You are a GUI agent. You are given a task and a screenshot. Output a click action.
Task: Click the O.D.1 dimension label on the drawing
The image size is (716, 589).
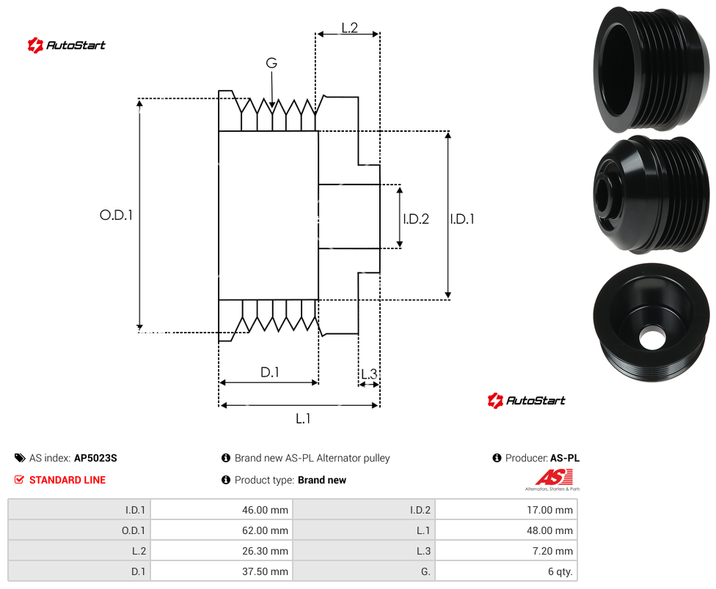point(116,215)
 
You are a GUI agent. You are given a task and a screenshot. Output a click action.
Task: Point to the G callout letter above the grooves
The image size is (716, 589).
point(271,63)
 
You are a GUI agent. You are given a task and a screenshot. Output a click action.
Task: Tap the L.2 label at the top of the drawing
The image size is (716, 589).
point(349,28)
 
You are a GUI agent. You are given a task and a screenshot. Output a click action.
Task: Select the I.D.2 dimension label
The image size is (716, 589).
point(416,219)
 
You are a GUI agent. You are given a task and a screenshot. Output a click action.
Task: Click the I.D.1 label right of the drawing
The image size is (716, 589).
point(462,219)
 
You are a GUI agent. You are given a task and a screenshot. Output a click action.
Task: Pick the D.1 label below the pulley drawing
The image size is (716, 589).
point(269,372)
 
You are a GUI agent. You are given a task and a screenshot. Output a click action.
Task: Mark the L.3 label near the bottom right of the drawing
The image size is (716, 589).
point(369,374)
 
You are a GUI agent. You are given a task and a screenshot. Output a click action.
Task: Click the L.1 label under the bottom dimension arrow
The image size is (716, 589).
point(303,418)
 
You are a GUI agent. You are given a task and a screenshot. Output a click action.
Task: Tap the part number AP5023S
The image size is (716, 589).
point(95,458)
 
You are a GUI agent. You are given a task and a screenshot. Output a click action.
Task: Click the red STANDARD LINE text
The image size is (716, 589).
point(67,480)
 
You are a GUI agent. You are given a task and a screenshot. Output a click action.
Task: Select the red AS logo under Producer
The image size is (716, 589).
point(553,478)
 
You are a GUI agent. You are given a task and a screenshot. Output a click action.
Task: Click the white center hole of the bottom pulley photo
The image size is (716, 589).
point(652,338)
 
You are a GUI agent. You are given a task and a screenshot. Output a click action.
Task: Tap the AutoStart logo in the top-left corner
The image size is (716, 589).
point(66,45)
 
